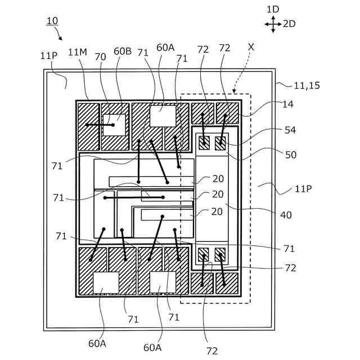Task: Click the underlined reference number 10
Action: coord(52,21)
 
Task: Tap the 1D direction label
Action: coord(273,10)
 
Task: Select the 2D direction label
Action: coord(289,24)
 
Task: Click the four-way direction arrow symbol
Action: coord(273,24)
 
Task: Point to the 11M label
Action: coord(78,52)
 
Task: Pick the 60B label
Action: coord(123,51)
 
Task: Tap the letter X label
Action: coord(251,47)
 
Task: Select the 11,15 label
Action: coord(307,85)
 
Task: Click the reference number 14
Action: coord(288,104)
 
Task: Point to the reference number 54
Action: coord(290,130)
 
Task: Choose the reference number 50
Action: coord(290,155)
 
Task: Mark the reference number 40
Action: coord(286,214)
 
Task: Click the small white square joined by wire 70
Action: coord(114,125)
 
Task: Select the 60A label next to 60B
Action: coord(165,48)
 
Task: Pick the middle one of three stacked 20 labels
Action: coord(218,195)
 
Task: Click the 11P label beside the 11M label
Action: coord(49,56)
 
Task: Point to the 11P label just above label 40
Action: coord(303,188)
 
